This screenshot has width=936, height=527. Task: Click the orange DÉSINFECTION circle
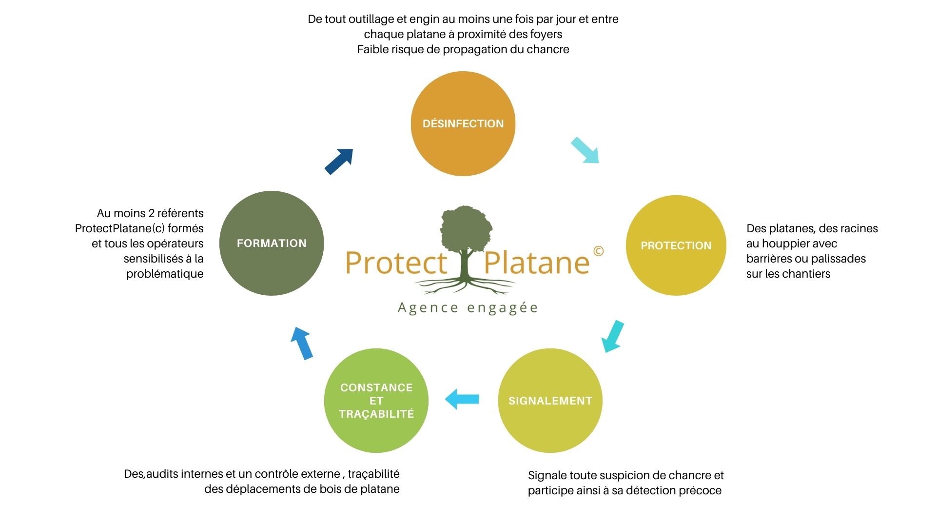pyautogui.click(x=463, y=123)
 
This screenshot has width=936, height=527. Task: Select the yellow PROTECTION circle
pyautogui.click(x=676, y=245)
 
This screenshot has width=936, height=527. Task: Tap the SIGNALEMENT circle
pyautogui.click(x=550, y=401)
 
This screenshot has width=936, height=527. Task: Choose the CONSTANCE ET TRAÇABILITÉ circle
pyautogui.click(x=376, y=401)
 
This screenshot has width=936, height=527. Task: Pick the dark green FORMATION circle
pyautogui.click(x=272, y=243)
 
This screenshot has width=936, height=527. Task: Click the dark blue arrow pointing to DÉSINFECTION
pyautogui.click(x=339, y=161)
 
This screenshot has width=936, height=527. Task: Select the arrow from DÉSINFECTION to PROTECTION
pyautogui.click(x=585, y=150)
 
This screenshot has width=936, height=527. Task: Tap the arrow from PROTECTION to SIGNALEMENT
pyautogui.click(x=613, y=336)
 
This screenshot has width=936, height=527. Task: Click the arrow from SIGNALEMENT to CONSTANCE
pyautogui.click(x=462, y=399)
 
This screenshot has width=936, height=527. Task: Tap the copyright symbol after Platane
pyautogui.click(x=598, y=251)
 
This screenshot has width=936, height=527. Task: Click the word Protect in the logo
pyautogui.click(x=396, y=263)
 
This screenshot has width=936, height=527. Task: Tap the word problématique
pyautogui.click(x=165, y=274)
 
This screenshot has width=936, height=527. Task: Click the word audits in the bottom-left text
pyautogui.click(x=162, y=474)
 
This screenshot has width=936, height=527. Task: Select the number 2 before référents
pyautogui.click(x=152, y=213)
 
